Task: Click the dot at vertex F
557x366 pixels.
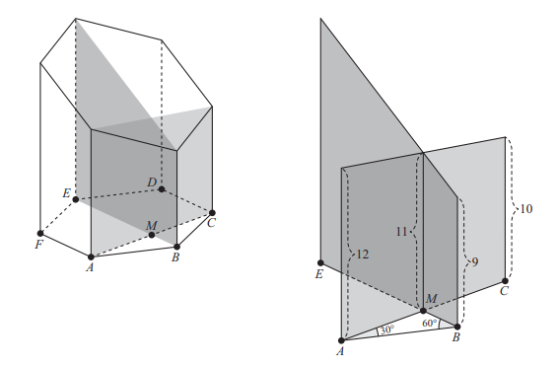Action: [x=40, y=233]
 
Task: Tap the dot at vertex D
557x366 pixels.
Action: [x=162, y=189]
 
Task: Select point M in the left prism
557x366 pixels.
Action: [x=152, y=235]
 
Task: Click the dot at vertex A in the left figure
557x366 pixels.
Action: [x=91, y=256]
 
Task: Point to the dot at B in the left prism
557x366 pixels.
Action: [x=176, y=247]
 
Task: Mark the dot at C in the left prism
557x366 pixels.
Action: [x=212, y=213]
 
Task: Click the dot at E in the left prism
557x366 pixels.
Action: [x=75, y=199]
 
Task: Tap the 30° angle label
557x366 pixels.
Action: [x=387, y=329]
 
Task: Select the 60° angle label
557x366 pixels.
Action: [x=430, y=323]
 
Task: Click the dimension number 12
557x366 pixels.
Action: [x=363, y=255]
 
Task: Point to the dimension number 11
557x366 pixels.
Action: [x=401, y=232]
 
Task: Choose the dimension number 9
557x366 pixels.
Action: [x=475, y=262]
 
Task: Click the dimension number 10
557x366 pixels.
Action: [x=526, y=209]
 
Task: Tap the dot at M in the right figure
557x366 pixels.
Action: [x=423, y=311]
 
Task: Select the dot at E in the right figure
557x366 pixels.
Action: [x=320, y=263]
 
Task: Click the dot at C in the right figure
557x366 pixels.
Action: [x=505, y=281]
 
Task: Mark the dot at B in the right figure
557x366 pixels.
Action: [x=457, y=327]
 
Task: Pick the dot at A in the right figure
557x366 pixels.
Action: [x=341, y=340]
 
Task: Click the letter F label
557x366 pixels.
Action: [x=38, y=245]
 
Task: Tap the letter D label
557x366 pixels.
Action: [x=152, y=183]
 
